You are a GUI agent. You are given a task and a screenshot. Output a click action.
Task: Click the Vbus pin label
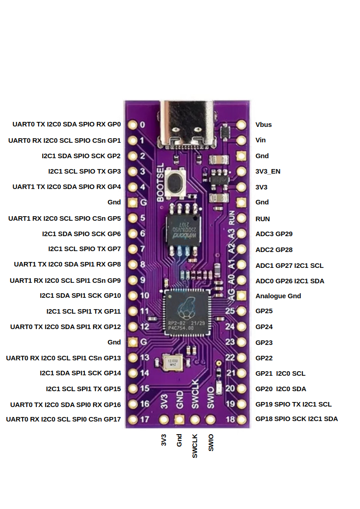click(263, 125)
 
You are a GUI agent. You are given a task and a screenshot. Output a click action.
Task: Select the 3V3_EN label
click(268, 171)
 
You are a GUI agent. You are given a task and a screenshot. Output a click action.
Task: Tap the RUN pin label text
click(263, 219)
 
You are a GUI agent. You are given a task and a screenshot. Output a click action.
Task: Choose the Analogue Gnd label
click(278, 296)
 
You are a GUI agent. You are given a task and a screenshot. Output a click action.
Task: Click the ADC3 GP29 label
click(274, 234)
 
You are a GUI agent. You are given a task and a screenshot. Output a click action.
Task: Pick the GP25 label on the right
click(264, 311)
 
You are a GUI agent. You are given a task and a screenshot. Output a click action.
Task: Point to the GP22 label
click(264, 358)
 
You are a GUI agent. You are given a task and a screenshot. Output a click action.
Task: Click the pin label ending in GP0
click(67, 124)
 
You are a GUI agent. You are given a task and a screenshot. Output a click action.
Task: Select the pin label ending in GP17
click(63, 419)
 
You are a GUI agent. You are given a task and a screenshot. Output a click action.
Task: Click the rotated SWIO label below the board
click(210, 442)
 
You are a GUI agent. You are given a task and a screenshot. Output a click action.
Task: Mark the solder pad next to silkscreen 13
click(133, 358)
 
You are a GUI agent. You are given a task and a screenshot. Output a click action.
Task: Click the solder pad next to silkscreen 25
click(241, 311)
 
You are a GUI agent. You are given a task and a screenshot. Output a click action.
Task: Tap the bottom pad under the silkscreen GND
click(180, 420)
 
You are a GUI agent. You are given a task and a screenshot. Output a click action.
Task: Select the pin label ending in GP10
click(80, 296)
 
